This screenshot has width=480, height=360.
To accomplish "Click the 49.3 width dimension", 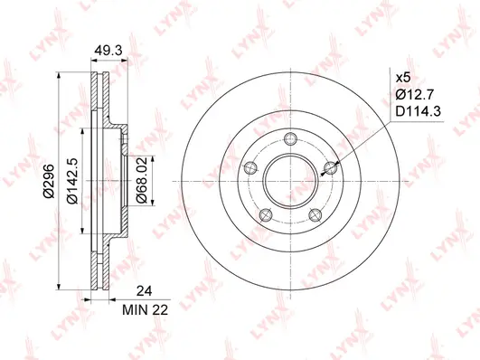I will [x=108, y=52].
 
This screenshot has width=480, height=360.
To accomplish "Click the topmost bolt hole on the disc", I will [x=290, y=139].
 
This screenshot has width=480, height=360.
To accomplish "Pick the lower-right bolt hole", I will [x=315, y=215].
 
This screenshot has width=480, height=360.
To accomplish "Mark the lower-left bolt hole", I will [x=266, y=215].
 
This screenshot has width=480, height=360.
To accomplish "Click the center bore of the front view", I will [x=290, y=181].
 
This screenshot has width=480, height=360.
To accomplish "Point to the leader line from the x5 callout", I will [x=362, y=136].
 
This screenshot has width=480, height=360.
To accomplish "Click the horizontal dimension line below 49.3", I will [x=108, y=62].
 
